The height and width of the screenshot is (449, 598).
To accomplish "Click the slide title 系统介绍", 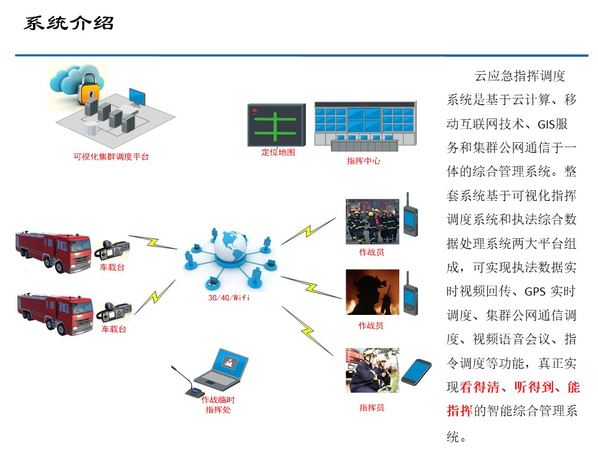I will tap(69, 24).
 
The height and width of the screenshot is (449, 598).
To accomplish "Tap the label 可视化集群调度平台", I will tap(112, 157).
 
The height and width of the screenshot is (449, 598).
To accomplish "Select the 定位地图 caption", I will tap(278, 152).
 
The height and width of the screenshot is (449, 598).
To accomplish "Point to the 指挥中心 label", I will tap(363, 161).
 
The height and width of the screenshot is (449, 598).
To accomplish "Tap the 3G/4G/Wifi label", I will tap(229, 298).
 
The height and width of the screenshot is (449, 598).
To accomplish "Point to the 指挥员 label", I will tap(371, 408).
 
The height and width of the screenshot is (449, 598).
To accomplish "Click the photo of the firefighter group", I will tap(372, 221).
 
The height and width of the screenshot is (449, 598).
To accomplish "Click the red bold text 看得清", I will tap(480, 387).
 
